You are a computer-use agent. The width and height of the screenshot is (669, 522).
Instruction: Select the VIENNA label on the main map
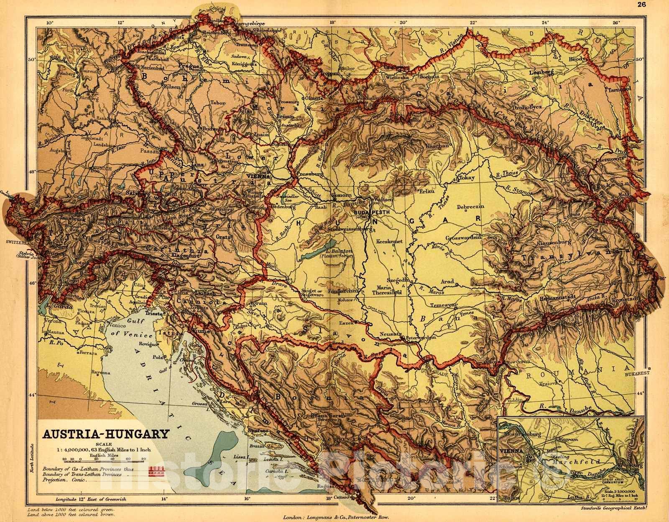coord(258,177)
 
